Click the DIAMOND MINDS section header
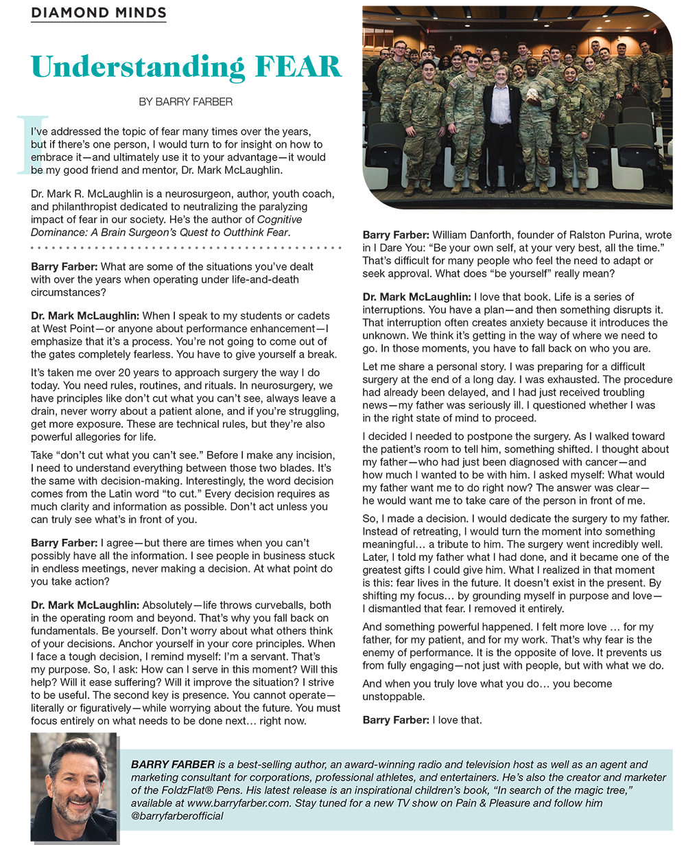[x=99, y=12]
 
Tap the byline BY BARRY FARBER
[x=185, y=102]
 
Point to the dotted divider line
[x=186, y=245]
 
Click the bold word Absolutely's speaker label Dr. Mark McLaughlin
[x=84, y=605]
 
